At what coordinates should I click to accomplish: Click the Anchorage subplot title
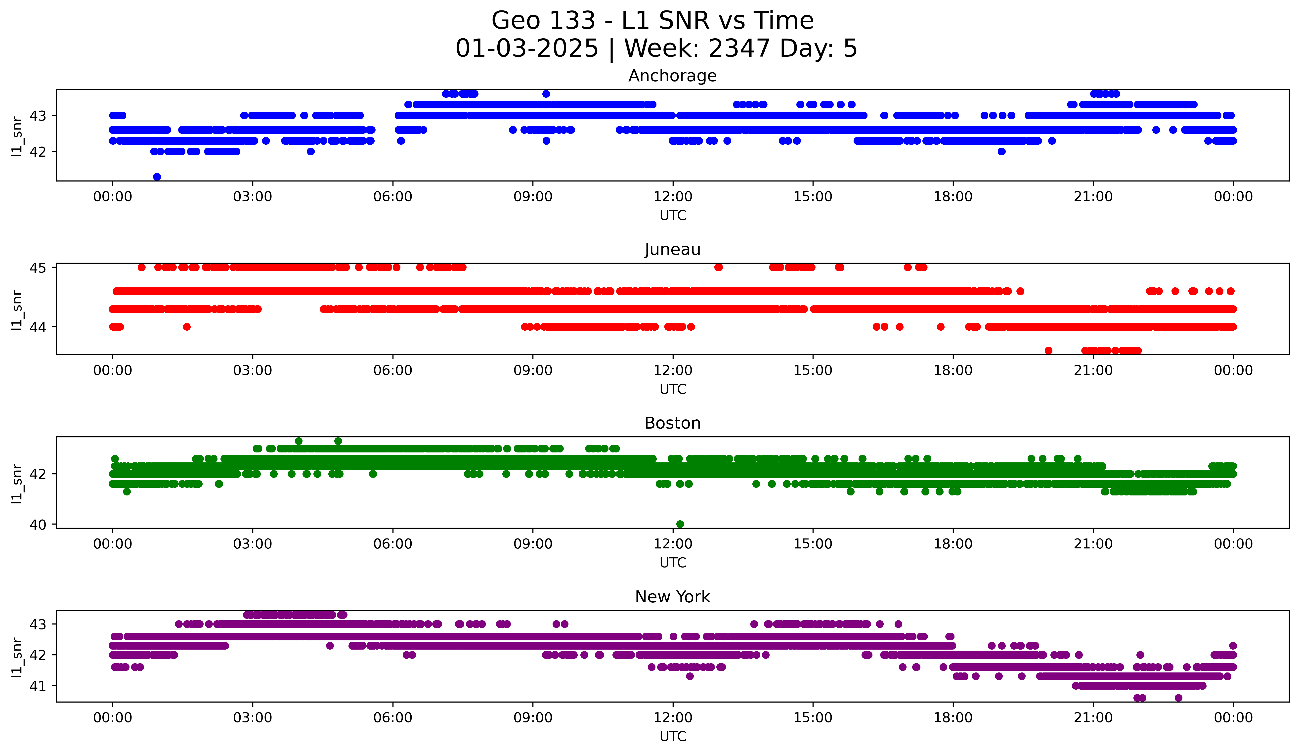coord(672,76)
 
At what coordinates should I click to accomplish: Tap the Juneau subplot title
coord(672,249)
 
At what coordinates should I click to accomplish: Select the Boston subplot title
coord(672,423)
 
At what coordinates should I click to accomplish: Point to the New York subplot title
coord(672,597)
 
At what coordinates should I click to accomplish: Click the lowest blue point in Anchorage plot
coord(157,177)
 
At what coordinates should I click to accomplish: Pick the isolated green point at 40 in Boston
coord(680,524)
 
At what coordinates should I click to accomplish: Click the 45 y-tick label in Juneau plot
coord(38,267)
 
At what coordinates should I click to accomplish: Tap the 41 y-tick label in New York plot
coord(38,686)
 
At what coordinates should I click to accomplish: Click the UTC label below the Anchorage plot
coord(673,216)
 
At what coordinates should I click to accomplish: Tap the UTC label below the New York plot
coord(673,737)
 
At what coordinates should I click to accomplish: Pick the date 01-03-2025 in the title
coord(527,48)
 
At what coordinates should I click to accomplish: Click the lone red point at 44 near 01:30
coord(187,327)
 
